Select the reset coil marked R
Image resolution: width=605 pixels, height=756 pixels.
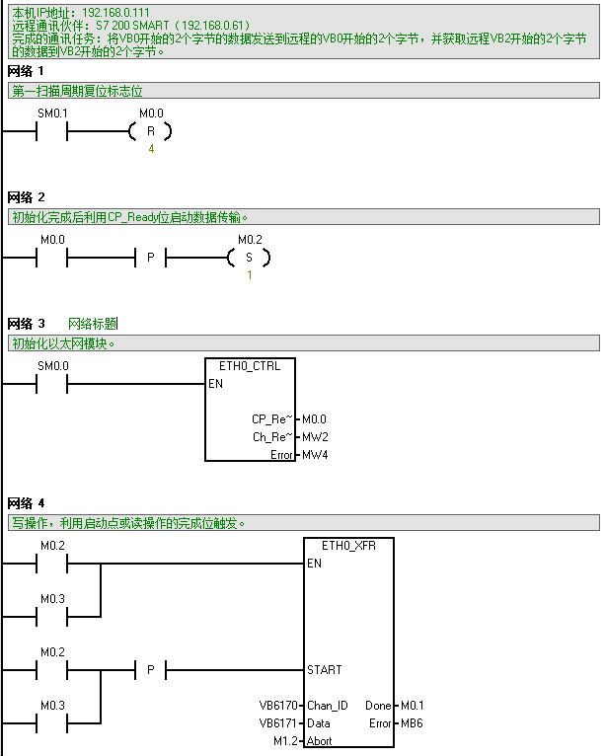tap(151, 131)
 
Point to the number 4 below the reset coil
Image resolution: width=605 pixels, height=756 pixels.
tap(151, 149)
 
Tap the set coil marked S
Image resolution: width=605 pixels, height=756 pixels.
tap(249, 258)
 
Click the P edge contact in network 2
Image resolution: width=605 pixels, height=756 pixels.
tap(151, 258)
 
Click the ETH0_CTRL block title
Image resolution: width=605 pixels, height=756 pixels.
tap(250, 366)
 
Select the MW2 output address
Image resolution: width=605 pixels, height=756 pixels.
tap(315, 437)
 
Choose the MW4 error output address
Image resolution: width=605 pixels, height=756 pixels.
tap(315, 455)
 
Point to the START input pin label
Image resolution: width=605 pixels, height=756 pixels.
tap(325, 670)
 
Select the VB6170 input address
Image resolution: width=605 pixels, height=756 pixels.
tap(277, 706)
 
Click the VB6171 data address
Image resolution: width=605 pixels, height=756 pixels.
tap(277, 723)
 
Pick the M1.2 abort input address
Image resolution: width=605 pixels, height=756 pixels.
tap(286, 741)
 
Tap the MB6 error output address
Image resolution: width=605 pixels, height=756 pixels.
tap(411, 723)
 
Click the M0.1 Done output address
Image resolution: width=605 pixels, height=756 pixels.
tap(412, 706)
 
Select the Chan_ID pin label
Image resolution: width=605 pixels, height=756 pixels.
tap(328, 706)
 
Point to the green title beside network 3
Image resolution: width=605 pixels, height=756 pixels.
tap(93, 324)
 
